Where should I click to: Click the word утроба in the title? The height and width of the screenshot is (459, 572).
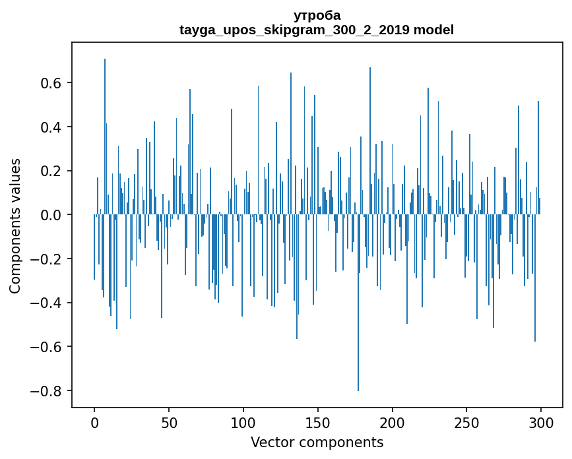317,15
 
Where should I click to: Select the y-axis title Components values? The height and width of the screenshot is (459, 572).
15,226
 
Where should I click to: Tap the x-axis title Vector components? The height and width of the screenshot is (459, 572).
317,442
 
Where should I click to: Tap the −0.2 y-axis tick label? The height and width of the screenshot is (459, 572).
47,259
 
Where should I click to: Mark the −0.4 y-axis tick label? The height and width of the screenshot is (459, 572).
47,303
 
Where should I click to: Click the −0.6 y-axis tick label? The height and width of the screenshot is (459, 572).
47,347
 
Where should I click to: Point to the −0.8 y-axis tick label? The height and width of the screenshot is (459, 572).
47,391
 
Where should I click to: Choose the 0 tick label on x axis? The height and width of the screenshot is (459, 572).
94,422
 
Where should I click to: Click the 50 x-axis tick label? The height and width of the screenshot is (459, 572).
169,422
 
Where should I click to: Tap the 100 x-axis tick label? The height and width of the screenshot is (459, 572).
243,422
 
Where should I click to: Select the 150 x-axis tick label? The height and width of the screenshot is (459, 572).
318,422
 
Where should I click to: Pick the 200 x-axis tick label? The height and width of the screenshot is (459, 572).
393,422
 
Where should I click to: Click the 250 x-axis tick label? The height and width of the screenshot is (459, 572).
467,422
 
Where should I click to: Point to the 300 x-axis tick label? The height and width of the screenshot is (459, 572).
542,422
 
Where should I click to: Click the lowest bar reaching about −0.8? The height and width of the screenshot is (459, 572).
358,330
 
